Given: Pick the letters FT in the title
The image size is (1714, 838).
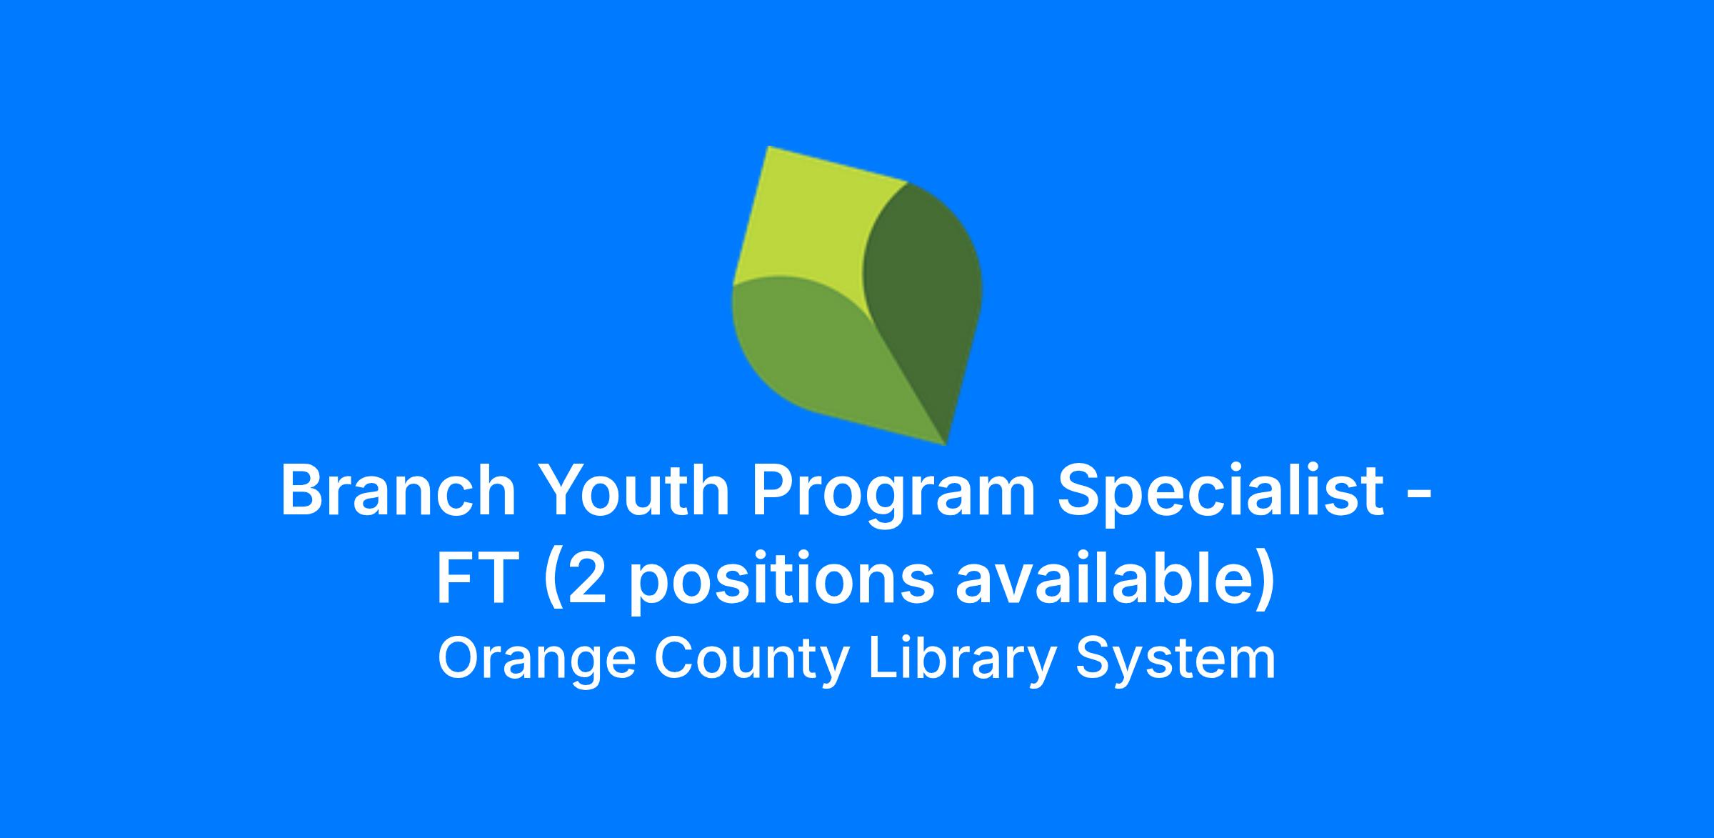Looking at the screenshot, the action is point(476,577).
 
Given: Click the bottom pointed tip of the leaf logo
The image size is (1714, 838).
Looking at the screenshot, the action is point(946,445).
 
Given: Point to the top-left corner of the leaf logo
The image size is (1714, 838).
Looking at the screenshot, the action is point(768,146).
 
